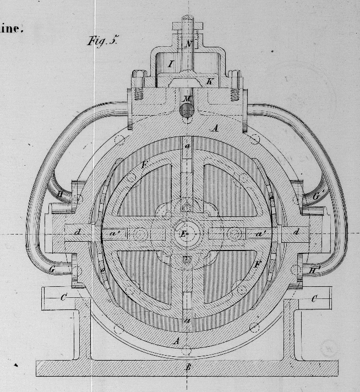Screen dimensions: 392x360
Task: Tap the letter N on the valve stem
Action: tap(188, 44)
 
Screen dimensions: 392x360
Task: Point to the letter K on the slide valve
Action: tap(209, 81)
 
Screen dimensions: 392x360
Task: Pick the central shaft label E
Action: tap(183, 233)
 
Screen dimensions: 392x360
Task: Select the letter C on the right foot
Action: tap(314, 299)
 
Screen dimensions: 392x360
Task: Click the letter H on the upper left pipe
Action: tap(60, 194)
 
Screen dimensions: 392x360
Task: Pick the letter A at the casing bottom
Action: tap(176, 341)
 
